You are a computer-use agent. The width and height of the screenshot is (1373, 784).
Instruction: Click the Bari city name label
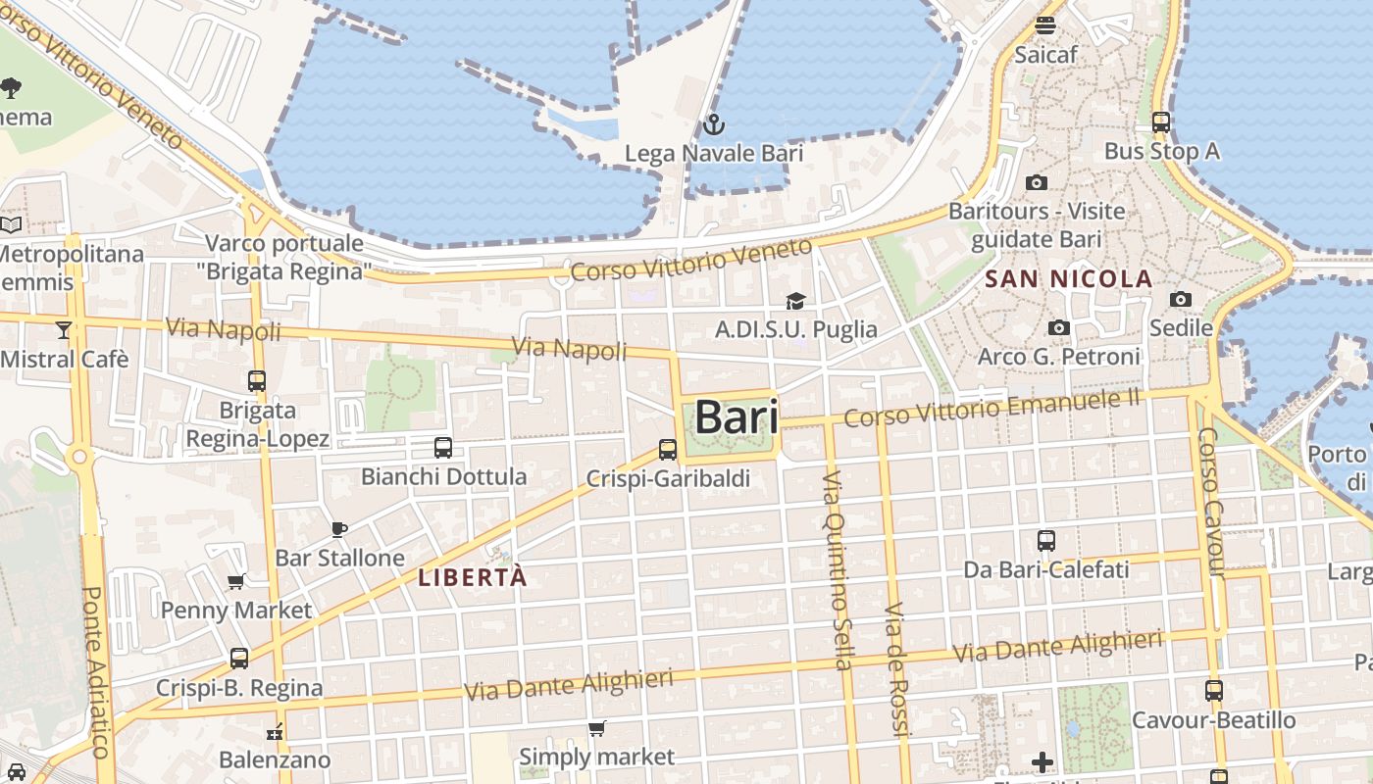coord(737,418)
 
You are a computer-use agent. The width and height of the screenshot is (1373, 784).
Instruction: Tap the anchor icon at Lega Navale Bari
coord(714,124)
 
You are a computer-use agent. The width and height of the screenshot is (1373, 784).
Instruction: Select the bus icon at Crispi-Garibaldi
coord(668,450)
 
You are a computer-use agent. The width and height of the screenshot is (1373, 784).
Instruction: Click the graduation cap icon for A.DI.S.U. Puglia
coord(795,301)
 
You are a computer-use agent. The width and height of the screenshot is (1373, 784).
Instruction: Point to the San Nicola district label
coord(1068,279)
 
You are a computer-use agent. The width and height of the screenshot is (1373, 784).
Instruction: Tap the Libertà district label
coord(472,577)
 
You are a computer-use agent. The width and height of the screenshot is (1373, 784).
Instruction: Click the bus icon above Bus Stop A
coord(1161,122)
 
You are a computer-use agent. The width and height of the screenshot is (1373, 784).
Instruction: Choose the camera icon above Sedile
coord(1181,299)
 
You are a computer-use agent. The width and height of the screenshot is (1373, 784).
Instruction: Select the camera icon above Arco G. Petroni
coord(1058,327)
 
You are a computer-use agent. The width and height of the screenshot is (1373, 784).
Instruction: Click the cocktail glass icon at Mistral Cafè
coord(64,330)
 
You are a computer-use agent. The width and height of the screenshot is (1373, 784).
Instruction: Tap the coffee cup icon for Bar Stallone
coord(339,529)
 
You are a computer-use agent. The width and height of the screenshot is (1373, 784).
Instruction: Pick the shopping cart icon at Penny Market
coord(236,582)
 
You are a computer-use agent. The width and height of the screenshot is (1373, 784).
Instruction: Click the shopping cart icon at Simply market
coord(596,728)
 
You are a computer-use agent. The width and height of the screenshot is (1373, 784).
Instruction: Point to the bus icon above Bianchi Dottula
coord(443,448)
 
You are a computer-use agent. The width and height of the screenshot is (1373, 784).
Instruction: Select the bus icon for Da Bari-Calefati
coord(1046,541)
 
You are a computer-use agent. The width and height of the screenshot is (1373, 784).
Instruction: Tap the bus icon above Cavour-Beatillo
coord(1214,691)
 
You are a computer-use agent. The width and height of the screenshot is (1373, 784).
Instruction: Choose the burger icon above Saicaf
coord(1045,25)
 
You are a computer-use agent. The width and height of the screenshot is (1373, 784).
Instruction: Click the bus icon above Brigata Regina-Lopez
coord(257,381)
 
